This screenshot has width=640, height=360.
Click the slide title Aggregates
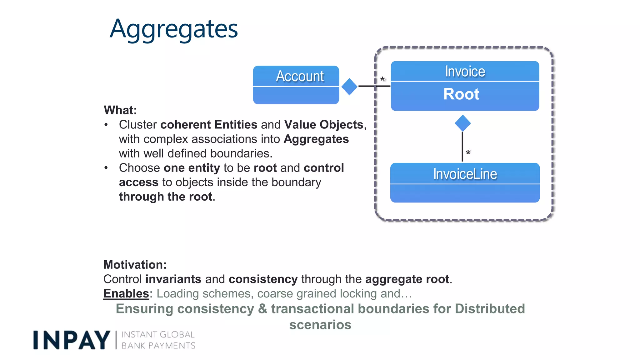pos(174,29)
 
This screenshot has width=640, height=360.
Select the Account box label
pos(300,76)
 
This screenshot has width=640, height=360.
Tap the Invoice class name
pos(465,72)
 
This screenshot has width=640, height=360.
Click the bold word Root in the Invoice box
pos(461,94)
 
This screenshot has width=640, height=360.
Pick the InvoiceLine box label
pos(465,174)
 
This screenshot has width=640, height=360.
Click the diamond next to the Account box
pos(349,87)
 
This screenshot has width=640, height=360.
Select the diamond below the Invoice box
pos(462,123)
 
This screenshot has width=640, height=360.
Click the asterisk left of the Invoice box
pos(382,79)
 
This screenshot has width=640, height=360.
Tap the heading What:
pos(120,110)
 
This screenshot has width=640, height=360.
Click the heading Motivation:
pos(135,265)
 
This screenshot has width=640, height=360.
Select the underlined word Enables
pos(126,293)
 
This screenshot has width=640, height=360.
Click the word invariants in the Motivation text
pos(173,279)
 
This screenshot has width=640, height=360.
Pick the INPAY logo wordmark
pos(72,340)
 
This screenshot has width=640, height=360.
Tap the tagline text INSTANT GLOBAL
pos(158,335)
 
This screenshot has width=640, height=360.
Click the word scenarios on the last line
pos(320,325)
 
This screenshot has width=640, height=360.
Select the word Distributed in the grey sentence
pos(490,309)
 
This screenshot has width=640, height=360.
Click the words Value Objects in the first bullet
pos(323,125)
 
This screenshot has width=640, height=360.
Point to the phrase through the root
pos(166,197)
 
